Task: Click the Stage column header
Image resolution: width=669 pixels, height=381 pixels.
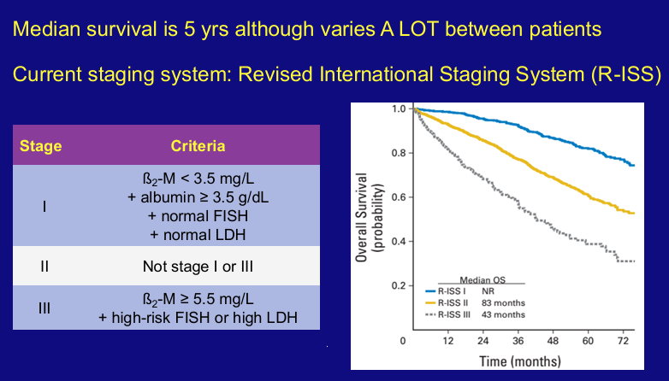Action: tap(41, 146)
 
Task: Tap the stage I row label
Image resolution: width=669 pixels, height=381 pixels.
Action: tap(43, 208)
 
